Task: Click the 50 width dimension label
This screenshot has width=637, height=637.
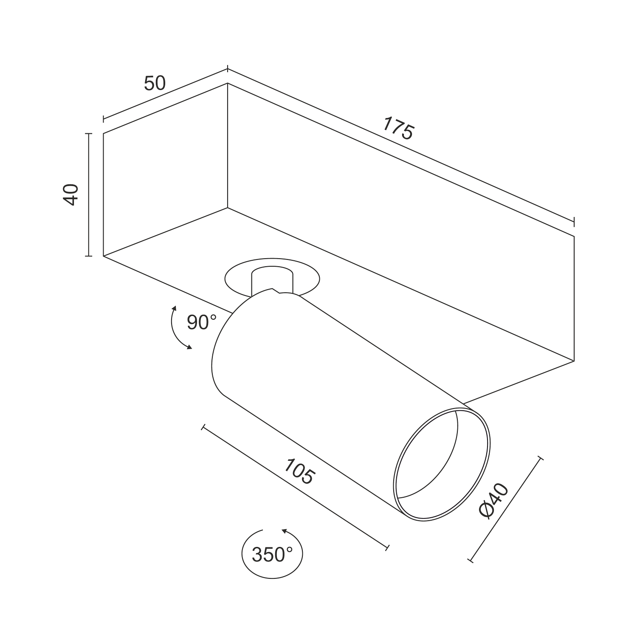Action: point(155,83)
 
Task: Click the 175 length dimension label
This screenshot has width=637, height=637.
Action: point(398,128)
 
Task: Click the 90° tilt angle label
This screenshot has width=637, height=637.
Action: point(202,323)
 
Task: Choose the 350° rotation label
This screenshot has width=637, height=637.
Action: point(272,555)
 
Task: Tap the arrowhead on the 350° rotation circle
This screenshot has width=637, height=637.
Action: point(284,531)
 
